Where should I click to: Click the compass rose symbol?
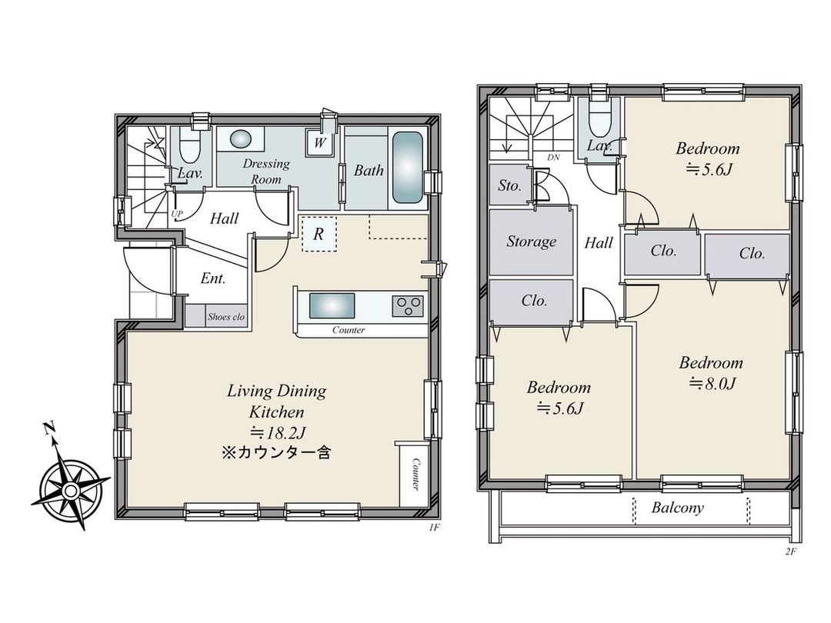tap(70, 488)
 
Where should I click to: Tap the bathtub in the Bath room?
tap(408, 169)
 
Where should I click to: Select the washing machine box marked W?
tap(320, 143)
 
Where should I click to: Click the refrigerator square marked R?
tap(319, 235)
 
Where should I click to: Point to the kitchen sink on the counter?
tap(332, 305)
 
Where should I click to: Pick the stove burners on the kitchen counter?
tap(408, 306)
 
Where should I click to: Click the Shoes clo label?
tap(225, 317)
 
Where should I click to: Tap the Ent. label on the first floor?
tap(212, 278)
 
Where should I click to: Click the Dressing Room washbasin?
tap(240, 139)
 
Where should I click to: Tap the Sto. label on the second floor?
tap(509, 185)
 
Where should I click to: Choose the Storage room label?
tap(531, 242)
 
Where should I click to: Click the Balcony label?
tap(677, 508)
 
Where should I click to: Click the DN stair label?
tap(552, 158)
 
